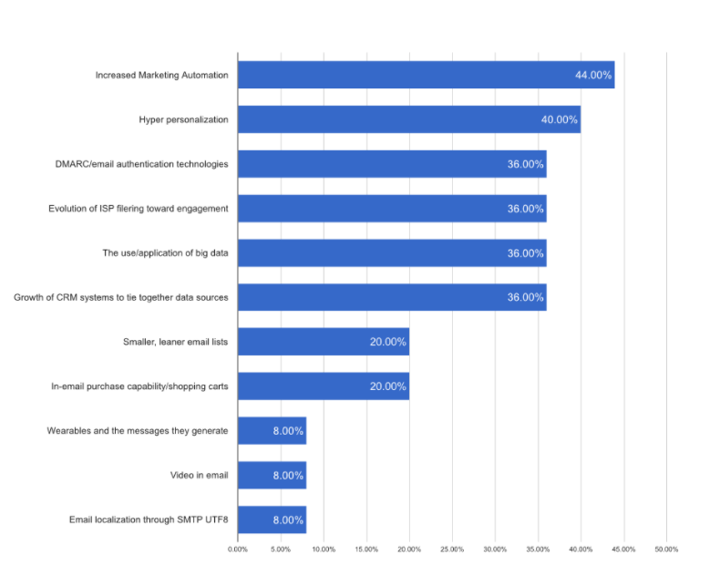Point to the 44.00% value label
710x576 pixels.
click(593, 75)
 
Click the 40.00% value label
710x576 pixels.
click(559, 119)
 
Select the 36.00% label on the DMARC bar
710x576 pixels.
click(526, 164)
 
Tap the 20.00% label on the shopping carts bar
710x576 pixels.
click(388, 386)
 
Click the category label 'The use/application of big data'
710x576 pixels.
click(165, 252)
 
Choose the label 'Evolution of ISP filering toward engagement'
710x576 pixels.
click(139, 209)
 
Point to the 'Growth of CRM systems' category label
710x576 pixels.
click(121, 297)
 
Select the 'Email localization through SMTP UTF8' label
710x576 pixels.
click(149, 519)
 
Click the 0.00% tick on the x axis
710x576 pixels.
click(237, 550)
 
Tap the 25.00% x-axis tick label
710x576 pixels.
click(452, 550)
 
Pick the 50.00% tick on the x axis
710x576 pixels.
click(666, 550)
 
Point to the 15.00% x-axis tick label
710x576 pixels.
click(366, 550)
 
